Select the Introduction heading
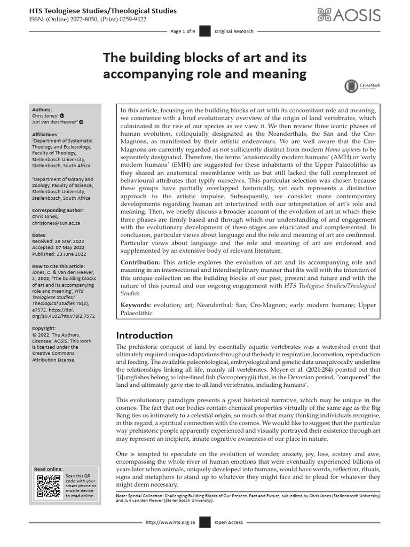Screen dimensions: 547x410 point(144,335)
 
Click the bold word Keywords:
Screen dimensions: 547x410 point(136,304)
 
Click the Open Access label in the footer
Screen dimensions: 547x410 point(229,522)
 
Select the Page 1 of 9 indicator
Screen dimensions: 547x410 point(183,32)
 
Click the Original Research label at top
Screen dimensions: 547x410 point(234,32)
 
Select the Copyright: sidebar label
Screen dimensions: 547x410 point(44,328)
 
